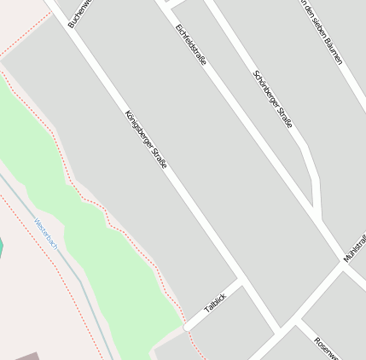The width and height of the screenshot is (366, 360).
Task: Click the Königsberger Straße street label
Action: pyautogui.click(x=146, y=138)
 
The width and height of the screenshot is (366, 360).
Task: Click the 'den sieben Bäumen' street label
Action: pyautogui.click(x=322, y=32)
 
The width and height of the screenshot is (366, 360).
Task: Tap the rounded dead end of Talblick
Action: pyautogui.click(x=187, y=326)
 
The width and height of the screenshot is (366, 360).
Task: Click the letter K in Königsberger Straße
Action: pyautogui.click(x=128, y=113)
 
